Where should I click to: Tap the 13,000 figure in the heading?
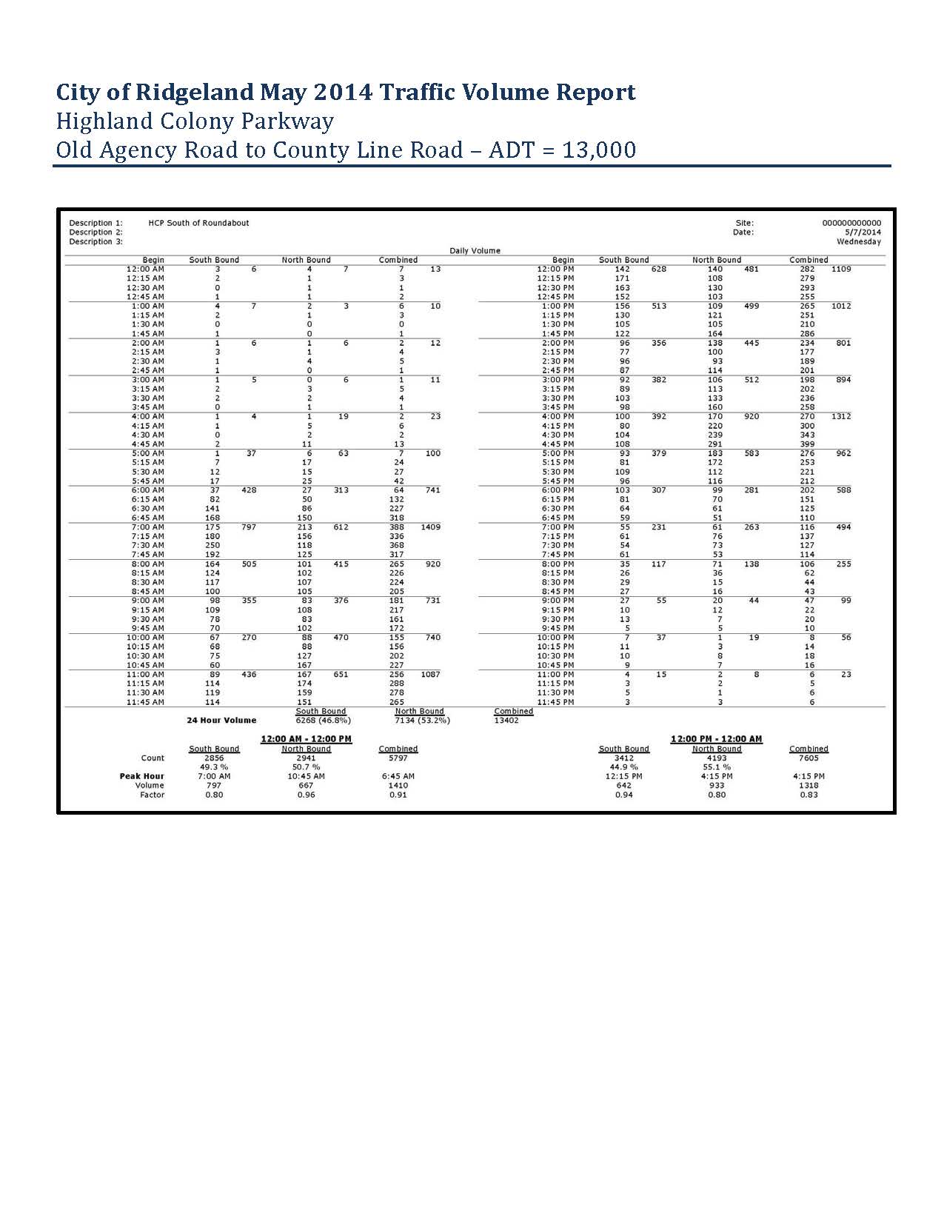click(599, 150)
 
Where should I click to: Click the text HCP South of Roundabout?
click(198, 223)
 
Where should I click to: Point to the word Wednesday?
click(859, 241)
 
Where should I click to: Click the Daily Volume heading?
click(475, 251)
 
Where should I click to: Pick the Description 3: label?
click(96, 241)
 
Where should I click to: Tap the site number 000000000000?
click(851, 223)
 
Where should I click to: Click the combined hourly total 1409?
click(430, 527)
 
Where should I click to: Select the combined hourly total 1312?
click(840, 417)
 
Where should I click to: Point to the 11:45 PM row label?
click(555, 702)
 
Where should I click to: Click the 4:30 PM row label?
click(555, 435)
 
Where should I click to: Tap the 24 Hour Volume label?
click(221, 721)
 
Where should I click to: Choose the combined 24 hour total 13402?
click(506, 721)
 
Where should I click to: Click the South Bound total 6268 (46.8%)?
click(323, 721)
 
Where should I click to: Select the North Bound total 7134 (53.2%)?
click(422, 721)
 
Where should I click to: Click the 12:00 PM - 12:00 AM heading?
click(716, 739)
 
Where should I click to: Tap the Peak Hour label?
click(142, 776)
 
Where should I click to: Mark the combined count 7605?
click(809, 758)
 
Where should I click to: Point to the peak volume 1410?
click(398, 786)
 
